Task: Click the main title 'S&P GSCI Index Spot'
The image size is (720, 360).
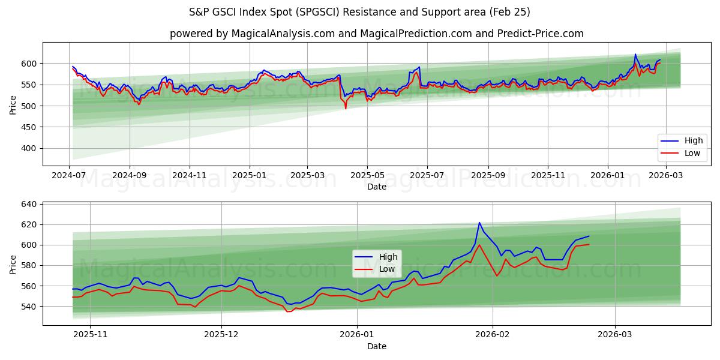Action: (x=359, y=12)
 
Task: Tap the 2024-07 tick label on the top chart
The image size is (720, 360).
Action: (x=69, y=175)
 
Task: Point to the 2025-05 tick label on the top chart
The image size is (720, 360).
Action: (x=367, y=175)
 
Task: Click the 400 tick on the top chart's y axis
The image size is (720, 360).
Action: (x=28, y=149)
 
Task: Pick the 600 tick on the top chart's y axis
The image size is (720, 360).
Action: (x=28, y=64)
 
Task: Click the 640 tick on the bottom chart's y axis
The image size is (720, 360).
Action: (x=28, y=205)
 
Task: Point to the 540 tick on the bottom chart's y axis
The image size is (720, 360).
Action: (x=28, y=307)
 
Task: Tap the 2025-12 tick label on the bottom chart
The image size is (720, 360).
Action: (x=221, y=334)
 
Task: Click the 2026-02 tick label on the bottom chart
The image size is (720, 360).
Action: (x=492, y=334)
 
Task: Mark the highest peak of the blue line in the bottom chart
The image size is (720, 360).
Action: (x=479, y=223)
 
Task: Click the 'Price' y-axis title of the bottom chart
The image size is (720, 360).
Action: (x=13, y=264)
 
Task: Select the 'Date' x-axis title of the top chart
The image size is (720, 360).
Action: (x=377, y=187)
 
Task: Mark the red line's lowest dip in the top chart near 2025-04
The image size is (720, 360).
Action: (x=346, y=109)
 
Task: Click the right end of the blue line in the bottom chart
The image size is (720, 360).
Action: (x=589, y=236)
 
